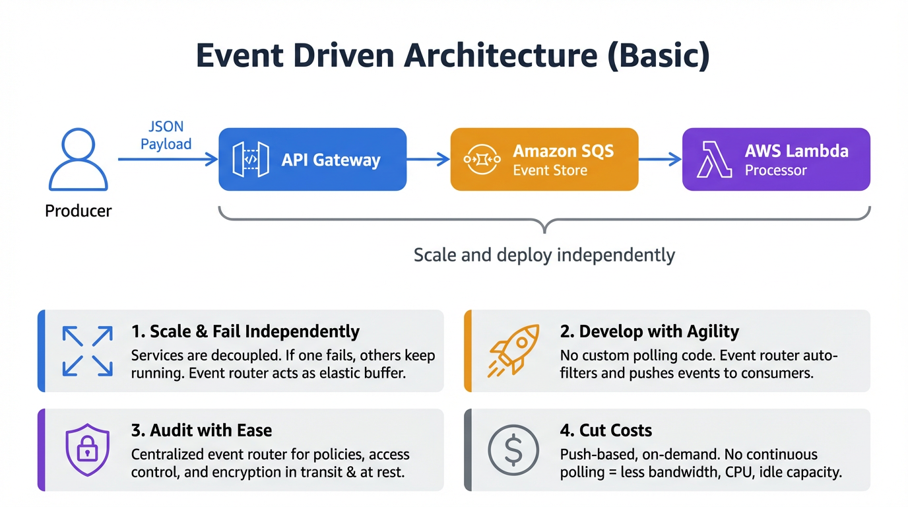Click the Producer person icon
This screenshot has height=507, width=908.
[x=78, y=160]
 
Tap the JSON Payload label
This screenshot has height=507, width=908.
[x=166, y=135]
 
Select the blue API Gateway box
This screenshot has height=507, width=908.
[x=312, y=160]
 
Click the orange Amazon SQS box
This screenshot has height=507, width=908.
[x=544, y=160]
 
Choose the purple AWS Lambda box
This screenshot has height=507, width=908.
[x=775, y=160]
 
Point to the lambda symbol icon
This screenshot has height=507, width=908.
[x=715, y=160]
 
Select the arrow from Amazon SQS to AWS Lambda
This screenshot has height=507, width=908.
[x=659, y=159]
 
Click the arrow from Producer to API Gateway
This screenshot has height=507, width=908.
[x=168, y=159]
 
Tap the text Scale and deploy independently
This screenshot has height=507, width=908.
[x=544, y=255]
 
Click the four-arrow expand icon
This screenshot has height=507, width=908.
[x=87, y=351]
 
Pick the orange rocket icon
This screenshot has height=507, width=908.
[x=513, y=351]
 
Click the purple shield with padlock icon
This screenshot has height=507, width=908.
[x=87, y=450]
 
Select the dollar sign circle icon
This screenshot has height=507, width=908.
[x=513, y=450]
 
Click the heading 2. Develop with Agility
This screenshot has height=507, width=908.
[x=649, y=331]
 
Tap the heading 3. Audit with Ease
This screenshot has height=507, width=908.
[x=201, y=430]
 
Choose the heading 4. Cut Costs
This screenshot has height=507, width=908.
[x=606, y=430]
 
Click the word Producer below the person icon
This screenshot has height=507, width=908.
[x=78, y=211]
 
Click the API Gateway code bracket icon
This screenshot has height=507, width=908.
[x=251, y=160]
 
